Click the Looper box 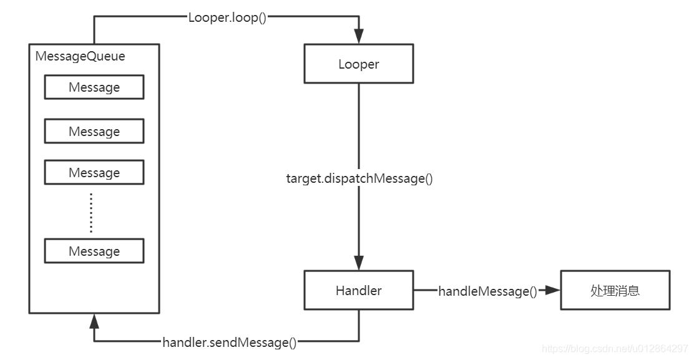[x=358, y=64]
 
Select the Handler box [x=358, y=290]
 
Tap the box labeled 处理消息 [x=615, y=290]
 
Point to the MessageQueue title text [x=80, y=56]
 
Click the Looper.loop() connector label [x=227, y=17]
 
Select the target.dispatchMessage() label [x=359, y=178]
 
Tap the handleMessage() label [x=487, y=291]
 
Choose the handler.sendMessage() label [x=229, y=342]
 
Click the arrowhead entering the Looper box [x=359, y=39]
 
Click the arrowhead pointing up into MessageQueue [x=94, y=321]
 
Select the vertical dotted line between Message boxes [x=91, y=212]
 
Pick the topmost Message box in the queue [x=94, y=87]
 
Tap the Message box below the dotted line [x=94, y=251]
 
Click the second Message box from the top [x=94, y=132]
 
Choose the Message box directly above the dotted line [x=94, y=172]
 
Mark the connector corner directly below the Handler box [x=359, y=341]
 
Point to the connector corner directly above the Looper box [x=359, y=17]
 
